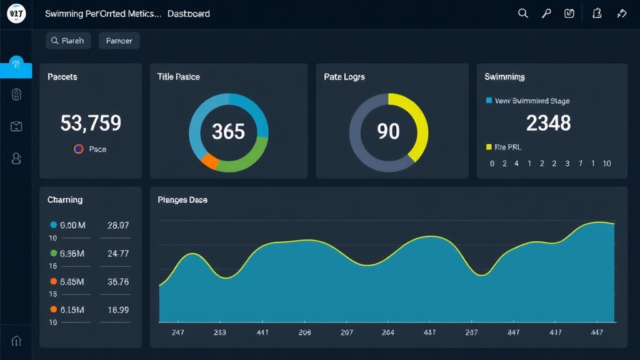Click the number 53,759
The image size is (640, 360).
pos(91,123)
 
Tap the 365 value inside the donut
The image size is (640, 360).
pos(228,132)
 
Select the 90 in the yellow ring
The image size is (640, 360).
pos(388,131)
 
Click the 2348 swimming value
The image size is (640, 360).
pos(548,123)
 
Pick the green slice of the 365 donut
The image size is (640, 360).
pos(247,160)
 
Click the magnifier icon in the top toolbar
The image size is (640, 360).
pos(523,13)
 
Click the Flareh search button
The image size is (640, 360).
pos(68,41)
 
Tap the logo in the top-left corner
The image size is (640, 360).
pos(16,13)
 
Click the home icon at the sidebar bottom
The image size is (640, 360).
pos(16,341)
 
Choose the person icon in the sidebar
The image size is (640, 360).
pos(16,158)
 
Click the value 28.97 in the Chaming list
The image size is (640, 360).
pos(118,225)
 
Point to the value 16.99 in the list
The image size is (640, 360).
pos(118,309)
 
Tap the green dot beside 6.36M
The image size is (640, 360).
pos(54,253)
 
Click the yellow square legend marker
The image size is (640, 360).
pos(489,147)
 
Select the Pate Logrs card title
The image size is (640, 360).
pos(344,77)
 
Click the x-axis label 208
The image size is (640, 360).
pos(304,332)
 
